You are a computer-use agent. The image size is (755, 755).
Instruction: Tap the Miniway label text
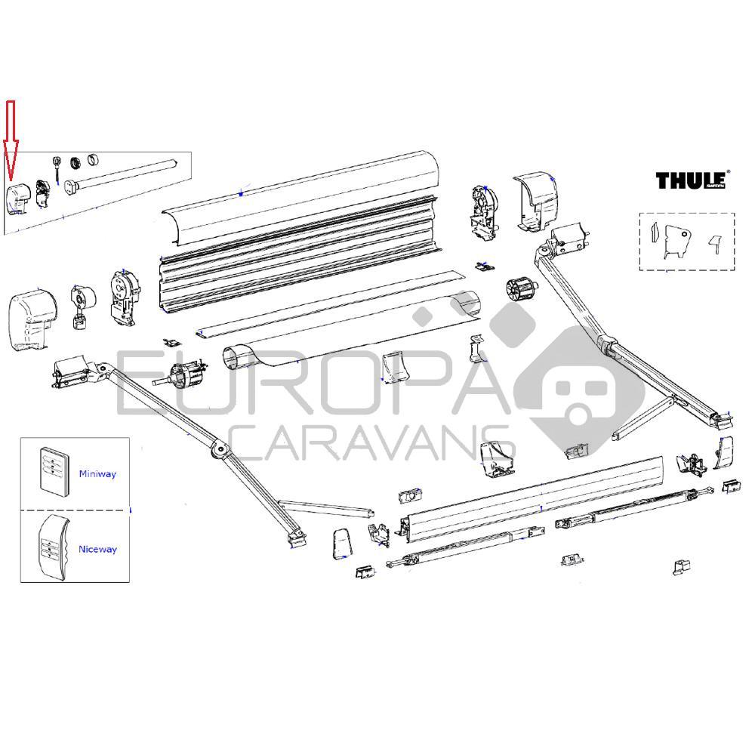coord(97,474)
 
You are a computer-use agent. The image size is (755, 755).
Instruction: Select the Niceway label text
coord(97,550)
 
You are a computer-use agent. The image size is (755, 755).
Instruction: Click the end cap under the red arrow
coord(19,198)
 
